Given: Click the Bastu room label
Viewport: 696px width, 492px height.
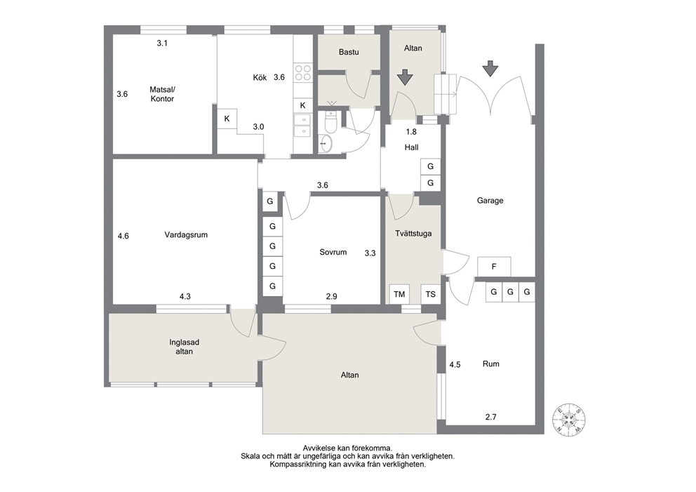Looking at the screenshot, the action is [349, 52].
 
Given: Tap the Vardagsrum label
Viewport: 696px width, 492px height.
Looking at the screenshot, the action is [186, 235].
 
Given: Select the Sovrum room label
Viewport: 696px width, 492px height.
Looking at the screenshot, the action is [333, 252].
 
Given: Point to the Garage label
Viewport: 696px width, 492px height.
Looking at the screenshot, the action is [490, 201].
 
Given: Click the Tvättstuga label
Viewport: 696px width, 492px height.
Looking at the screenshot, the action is [413, 233].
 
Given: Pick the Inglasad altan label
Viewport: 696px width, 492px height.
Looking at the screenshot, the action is [185, 347].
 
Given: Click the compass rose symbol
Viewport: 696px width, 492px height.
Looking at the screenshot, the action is [568, 419].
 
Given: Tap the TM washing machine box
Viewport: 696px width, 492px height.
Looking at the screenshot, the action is [399, 294].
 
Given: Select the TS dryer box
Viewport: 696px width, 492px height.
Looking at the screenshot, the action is [431, 294].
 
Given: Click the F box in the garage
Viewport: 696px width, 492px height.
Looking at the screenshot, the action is [494, 267].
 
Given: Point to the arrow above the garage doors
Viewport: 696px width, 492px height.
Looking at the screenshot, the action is [490, 68].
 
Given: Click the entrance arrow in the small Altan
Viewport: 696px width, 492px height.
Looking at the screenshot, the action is [405, 77].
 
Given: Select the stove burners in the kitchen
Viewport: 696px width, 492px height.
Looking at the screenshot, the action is [303, 72].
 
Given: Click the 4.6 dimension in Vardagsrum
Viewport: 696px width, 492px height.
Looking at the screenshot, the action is [123, 237].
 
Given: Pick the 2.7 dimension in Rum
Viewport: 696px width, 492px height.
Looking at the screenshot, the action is [490, 417].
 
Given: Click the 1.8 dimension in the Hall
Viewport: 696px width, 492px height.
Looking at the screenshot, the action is [411, 132].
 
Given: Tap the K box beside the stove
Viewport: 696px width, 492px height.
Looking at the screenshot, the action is [302, 105].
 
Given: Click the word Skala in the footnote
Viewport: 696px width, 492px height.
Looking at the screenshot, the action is [250, 456].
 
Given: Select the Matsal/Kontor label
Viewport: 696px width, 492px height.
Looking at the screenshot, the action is [162, 93].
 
